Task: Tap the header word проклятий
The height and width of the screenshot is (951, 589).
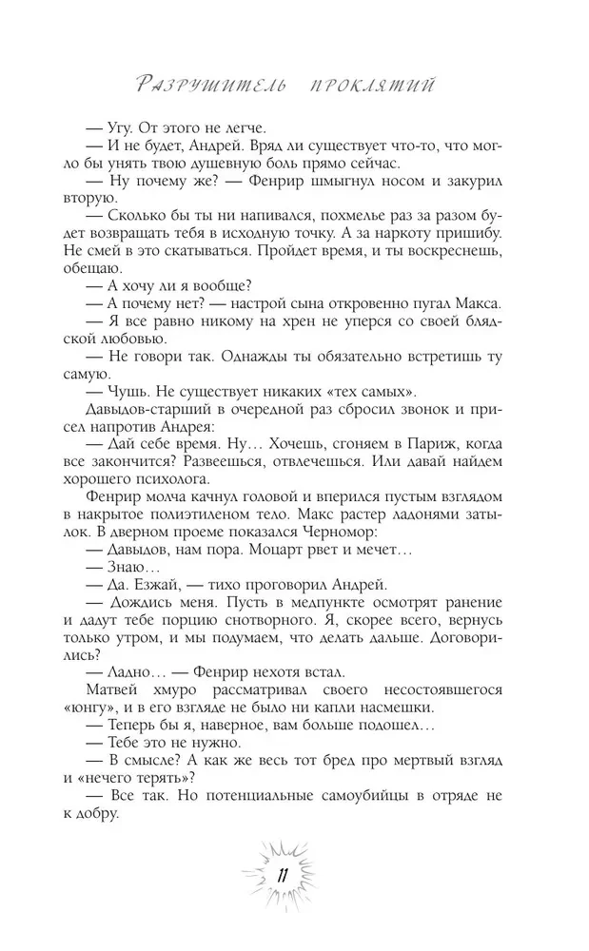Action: coord(372,87)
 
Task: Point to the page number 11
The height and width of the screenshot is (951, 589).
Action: coord(283,876)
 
